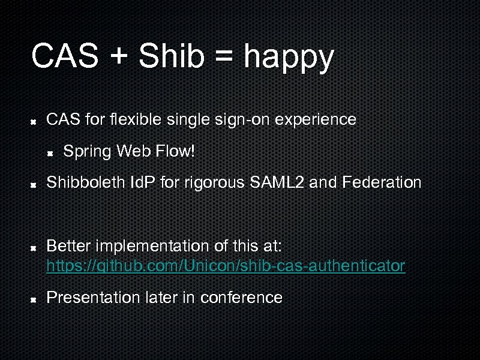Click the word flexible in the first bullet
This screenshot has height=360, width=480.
click(x=135, y=119)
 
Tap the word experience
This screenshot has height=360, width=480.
click(x=316, y=120)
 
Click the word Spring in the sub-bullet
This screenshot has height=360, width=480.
click(x=87, y=152)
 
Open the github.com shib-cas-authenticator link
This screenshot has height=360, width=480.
click(x=226, y=265)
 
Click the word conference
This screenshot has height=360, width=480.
click(x=241, y=297)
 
